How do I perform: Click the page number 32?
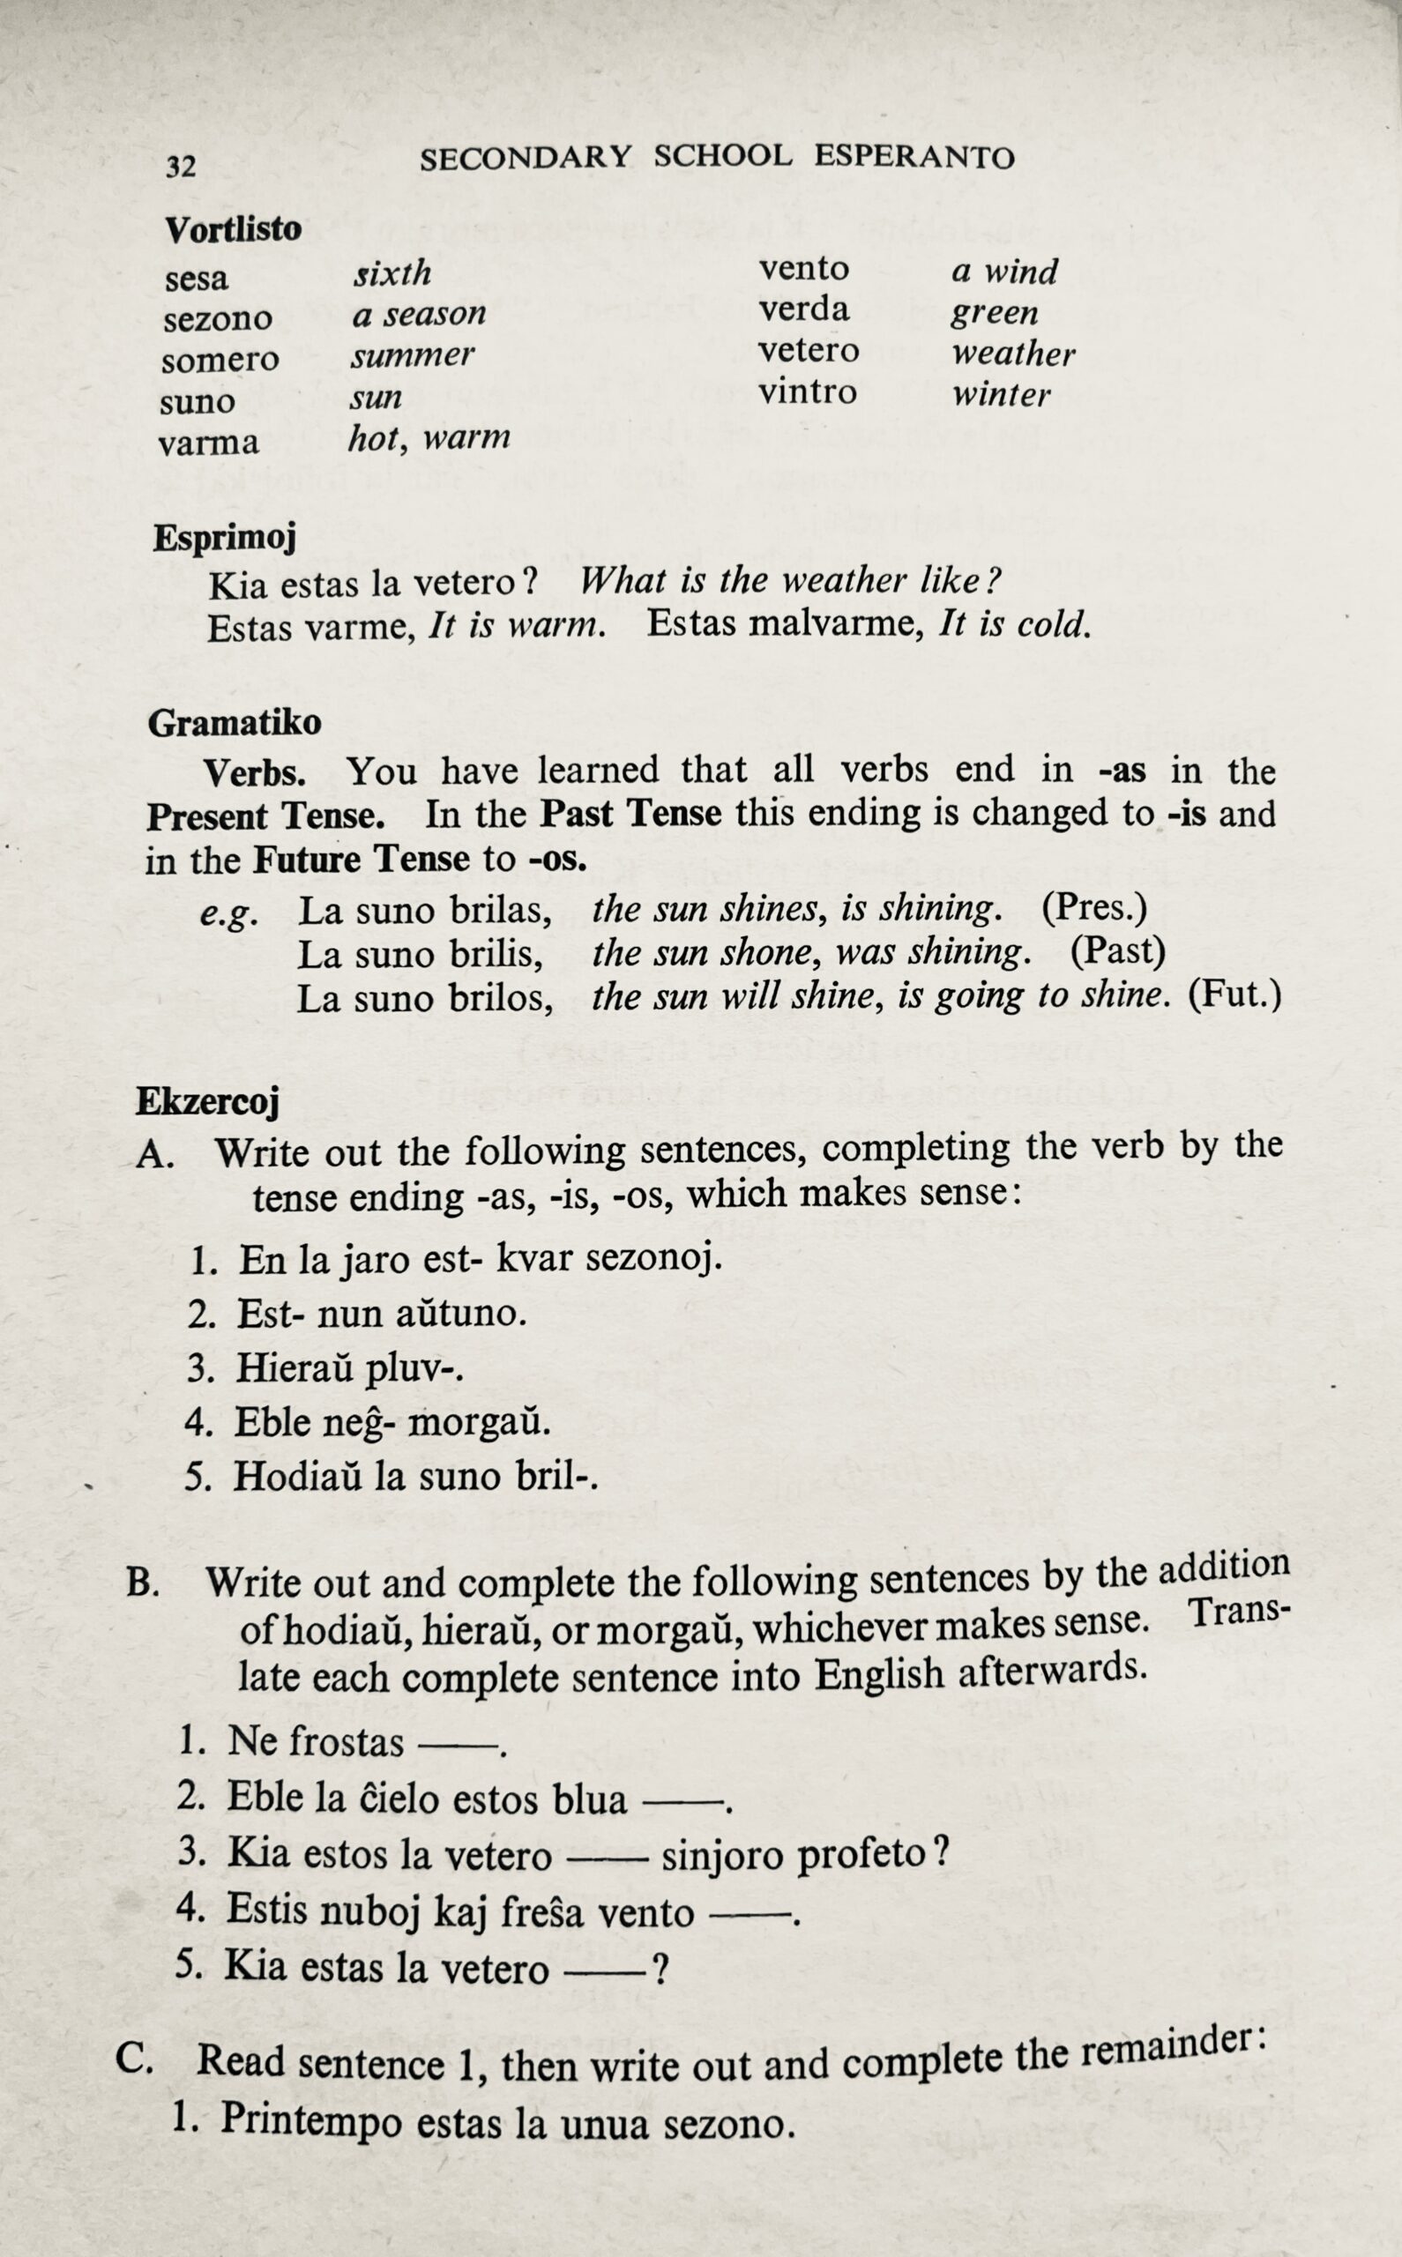coord(181,167)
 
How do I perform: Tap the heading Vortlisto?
coord(234,229)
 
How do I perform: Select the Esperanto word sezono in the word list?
coord(218,320)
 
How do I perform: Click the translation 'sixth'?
coord(392,273)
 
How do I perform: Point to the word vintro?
coord(808,392)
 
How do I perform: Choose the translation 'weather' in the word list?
coord(1013,354)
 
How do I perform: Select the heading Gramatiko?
coord(235,723)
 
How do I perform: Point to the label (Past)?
coord(1117,951)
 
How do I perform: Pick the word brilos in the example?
coord(502,999)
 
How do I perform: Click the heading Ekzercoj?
coord(208,1102)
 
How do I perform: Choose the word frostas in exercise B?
coord(346,1741)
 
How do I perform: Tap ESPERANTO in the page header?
coord(914,158)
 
